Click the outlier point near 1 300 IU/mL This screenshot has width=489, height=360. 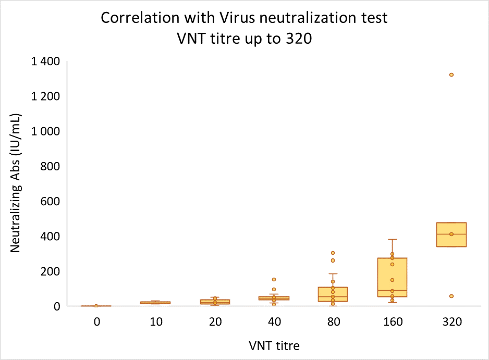click(x=451, y=75)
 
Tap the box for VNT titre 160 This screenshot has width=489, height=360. click(x=392, y=277)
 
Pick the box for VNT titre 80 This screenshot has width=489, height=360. click(x=333, y=294)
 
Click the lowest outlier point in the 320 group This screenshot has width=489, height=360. click(x=451, y=296)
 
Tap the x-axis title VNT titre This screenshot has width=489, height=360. click(x=274, y=345)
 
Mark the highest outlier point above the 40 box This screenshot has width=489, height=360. click(x=274, y=280)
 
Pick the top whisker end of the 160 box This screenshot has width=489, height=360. click(x=392, y=240)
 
